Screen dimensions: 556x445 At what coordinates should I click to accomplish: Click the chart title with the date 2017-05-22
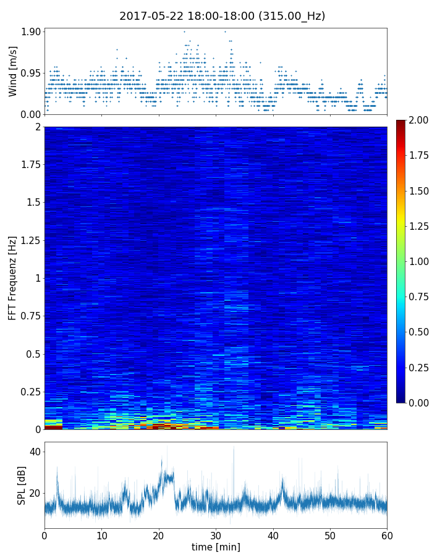(222, 16)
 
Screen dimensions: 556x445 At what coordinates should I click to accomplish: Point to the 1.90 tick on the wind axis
(32, 32)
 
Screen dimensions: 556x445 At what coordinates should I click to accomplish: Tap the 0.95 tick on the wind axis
(32, 73)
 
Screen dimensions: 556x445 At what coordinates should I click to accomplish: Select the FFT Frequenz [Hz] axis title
(13, 277)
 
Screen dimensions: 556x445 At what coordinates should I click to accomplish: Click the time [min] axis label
(216, 547)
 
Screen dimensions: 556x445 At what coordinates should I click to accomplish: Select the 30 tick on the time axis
(216, 534)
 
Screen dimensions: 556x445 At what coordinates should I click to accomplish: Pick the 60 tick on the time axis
(387, 534)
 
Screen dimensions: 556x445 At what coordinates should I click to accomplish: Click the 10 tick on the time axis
(101, 534)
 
